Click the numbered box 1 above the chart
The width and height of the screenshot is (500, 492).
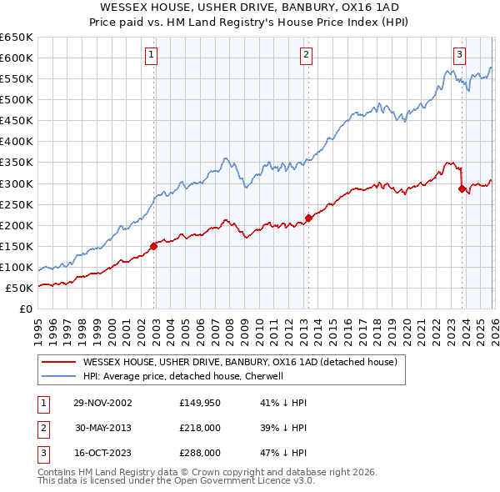[151, 55]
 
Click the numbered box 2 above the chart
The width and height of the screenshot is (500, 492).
[306, 55]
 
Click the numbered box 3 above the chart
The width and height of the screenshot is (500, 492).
[459, 55]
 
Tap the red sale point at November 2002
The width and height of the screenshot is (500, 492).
[154, 246]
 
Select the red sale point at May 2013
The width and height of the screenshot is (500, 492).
[308, 218]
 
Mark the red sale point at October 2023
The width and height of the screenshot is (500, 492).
[462, 188]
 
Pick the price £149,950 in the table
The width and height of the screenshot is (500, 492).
[199, 403]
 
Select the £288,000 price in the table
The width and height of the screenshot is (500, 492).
[199, 453]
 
